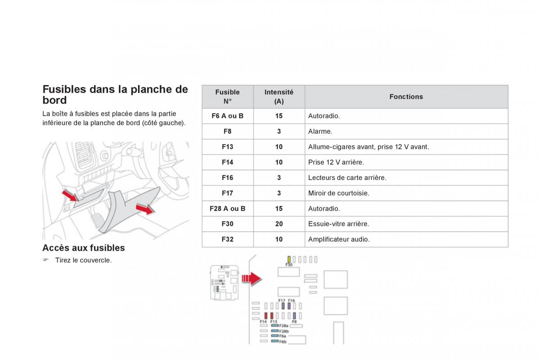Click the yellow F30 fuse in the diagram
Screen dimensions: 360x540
289,259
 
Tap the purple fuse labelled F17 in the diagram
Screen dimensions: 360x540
283,306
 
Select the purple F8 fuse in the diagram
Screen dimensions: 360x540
294,316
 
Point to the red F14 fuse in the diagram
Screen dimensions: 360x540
265,316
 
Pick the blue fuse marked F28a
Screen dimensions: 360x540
274,325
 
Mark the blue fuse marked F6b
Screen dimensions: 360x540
274,341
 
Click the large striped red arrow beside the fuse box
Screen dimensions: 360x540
252,279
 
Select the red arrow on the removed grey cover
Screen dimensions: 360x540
144,209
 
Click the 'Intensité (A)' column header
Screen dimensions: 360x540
279,97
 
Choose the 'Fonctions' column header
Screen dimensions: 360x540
406,97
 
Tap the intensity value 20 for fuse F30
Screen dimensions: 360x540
279,224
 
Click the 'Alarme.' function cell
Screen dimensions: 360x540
320,131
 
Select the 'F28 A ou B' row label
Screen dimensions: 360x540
228,209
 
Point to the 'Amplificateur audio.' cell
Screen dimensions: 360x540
339,239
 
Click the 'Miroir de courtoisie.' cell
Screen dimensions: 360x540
338,193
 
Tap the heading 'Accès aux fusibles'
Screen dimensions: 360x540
83,248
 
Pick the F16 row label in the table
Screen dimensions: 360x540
228,178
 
